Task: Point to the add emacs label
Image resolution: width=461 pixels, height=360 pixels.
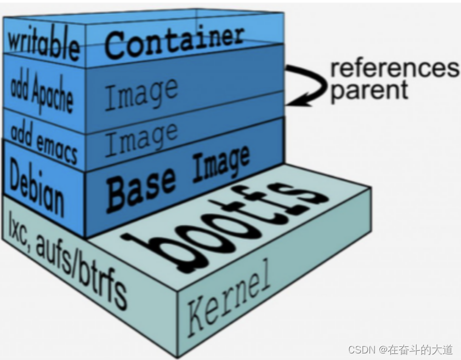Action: (44, 144)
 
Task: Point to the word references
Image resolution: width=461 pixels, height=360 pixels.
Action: (394, 69)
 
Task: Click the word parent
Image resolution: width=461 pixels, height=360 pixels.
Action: (369, 89)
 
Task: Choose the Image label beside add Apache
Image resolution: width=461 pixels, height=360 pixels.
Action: (141, 93)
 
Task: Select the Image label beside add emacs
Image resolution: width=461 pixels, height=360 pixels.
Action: (141, 138)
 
